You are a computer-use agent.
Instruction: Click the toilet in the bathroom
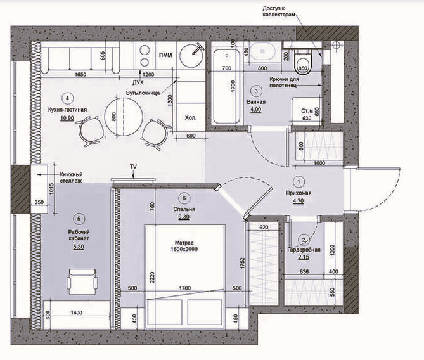point(302,58)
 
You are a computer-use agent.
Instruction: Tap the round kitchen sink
point(192,55)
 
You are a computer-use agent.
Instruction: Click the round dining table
point(122,115)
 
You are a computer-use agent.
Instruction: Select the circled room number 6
point(183,197)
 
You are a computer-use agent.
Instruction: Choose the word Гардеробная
point(304,250)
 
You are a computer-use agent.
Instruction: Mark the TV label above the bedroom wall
point(133,166)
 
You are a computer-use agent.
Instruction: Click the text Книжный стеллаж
point(72,178)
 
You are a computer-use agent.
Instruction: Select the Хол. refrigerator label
point(190,117)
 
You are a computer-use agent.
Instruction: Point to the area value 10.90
point(66,118)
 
